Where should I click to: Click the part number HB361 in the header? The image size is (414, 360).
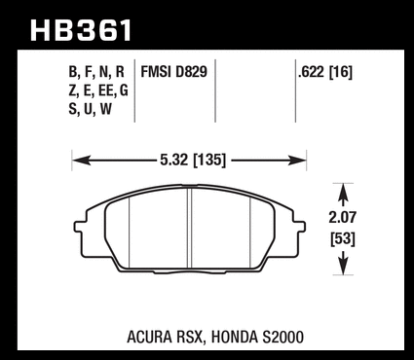click(x=81, y=30)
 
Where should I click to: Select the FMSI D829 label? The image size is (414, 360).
click(x=173, y=72)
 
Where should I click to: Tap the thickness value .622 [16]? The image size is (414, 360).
click(x=325, y=72)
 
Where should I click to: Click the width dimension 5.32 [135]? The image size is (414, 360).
click(x=193, y=160)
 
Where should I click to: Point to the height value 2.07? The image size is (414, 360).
click(x=343, y=217)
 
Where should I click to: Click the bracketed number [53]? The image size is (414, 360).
click(x=343, y=239)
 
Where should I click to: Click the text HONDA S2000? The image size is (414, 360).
click(x=257, y=337)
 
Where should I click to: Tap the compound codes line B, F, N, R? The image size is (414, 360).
click(x=96, y=72)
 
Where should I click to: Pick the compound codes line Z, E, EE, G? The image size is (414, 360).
click(x=98, y=90)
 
